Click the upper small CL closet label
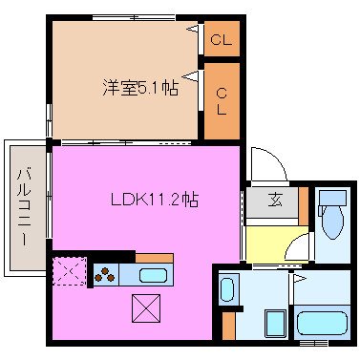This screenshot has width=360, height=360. [221, 40]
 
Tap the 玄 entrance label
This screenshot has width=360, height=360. [275, 201]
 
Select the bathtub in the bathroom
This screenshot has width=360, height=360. [323, 321]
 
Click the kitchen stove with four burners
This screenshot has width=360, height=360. [103, 275]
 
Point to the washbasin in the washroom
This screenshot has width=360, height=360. [228, 287]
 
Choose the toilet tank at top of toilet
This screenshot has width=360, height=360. [331, 198]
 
